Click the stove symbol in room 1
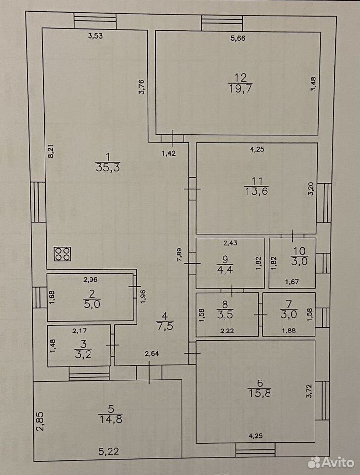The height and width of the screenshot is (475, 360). [62, 254]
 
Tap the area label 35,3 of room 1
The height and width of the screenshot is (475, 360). [108, 167]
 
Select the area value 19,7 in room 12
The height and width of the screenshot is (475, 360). [240, 89]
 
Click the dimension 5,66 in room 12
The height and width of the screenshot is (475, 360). [238, 38]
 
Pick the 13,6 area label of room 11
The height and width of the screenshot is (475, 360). [256, 191]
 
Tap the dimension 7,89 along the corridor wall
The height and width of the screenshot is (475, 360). [179, 255]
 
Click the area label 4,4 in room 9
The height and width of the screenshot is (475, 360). [225, 269]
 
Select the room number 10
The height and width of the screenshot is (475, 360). [299, 251]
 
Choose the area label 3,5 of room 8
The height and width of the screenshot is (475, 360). [225, 314]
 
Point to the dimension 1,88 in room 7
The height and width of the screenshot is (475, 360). [289, 331]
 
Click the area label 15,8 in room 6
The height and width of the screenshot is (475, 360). [260, 393]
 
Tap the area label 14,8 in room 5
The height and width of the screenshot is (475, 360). [110, 419]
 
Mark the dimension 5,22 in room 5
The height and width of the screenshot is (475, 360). [109, 451]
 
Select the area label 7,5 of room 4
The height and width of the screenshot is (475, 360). [165, 326]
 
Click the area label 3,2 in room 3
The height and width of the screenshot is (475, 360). [83, 354]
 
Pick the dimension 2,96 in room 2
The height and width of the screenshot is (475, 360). [90, 279]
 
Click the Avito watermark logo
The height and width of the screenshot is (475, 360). [331, 462]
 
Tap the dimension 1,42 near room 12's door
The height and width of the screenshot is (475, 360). [168, 153]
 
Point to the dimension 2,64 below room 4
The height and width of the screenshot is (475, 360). [152, 353]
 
